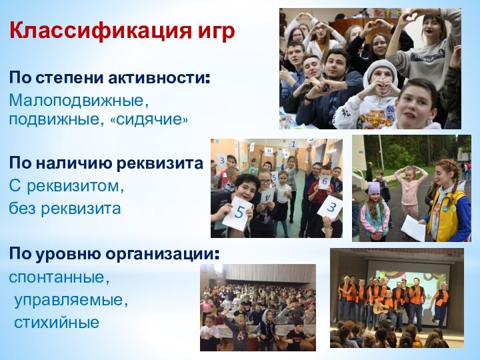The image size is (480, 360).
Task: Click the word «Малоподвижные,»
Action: pyautogui.click(x=79, y=101)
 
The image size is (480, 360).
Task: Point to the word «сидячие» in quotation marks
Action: pyautogui.click(x=153, y=121)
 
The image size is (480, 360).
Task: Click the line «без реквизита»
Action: pyautogui.click(x=65, y=209)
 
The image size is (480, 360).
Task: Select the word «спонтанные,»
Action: pyautogui.click(x=59, y=276)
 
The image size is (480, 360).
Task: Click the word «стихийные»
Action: pyautogui.click(x=57, y=323)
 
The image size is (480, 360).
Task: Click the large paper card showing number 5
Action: pyautogui.click(x=238, y=213)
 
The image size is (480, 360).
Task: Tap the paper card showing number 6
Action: pyautogui.click(x=324, y=181)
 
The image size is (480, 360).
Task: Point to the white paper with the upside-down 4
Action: pyautogui.click(x=267, y=196)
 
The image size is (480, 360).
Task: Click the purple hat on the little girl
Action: pyautogui.click(x=373, y=189)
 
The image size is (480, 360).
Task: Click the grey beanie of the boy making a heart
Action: pyautogui.click(x=379, y=68)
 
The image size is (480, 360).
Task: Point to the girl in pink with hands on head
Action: pyautogui.click(x=411, y=190)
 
